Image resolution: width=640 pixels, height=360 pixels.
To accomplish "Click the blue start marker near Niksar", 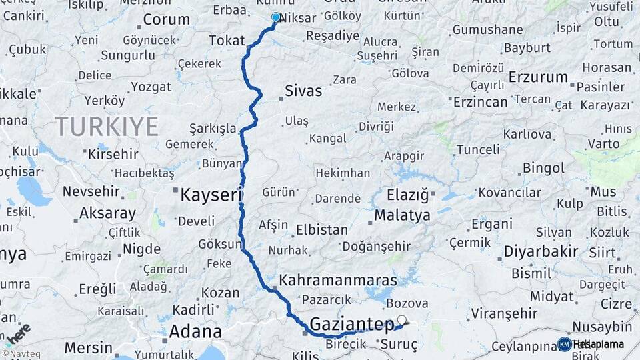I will (x=276, y=17).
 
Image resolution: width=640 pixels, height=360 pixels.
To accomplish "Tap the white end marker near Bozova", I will (x=402, y=319).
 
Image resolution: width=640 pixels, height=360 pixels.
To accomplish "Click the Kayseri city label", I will (x=209, y=195).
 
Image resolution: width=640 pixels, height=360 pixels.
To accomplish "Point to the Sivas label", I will (x=303, y=91).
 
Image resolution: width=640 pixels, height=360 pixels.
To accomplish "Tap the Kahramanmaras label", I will (x=338, y=280).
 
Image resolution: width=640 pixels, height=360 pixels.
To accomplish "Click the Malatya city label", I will (x=402, y=215).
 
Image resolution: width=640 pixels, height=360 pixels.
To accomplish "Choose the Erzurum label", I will (x=537, y=77).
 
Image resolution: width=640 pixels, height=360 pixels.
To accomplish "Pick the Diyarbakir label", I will (x=541, y=251).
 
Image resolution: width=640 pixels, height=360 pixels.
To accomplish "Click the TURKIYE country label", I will (x=107, y=125).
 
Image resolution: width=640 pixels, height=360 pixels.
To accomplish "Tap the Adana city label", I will (x=195, y=331).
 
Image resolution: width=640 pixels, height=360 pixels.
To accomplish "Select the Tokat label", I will (x=227, y=41).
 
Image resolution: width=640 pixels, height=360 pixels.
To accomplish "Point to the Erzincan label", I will (x=481, y=102).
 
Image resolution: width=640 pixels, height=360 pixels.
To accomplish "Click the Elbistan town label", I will (x=322, y=230).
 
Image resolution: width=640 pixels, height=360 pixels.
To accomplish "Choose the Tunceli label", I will (x=478, y=149).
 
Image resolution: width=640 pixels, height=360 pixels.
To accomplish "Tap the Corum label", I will (x=166, y=19).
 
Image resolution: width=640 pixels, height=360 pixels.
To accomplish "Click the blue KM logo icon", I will (x=564, y=344).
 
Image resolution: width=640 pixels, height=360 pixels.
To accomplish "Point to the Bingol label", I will (x=543, y=167).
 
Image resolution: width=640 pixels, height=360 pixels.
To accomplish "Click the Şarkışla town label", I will (x=213, y=127).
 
